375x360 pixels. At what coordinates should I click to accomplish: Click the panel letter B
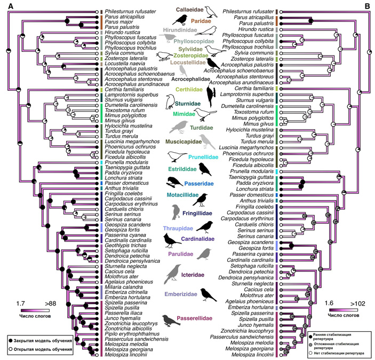click(366, 6)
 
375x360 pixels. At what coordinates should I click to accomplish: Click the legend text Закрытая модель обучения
click(40, 340)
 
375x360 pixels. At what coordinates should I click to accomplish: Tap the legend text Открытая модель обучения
click(40, 349)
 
